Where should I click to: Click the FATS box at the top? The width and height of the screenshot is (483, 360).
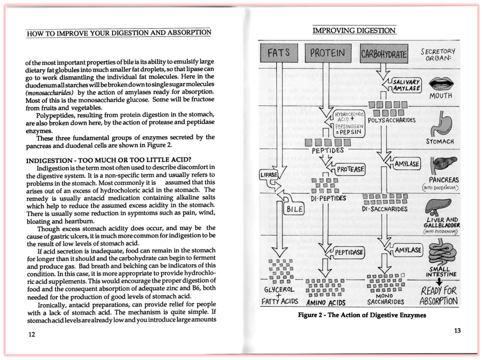coord(279,53)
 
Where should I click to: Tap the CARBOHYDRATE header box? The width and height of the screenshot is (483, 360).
coord(384,54)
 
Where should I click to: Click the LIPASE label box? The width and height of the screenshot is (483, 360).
coord(269,175)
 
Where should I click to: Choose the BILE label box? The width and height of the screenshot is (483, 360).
coord(294,209)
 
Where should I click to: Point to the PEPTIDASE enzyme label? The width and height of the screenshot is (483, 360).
coord(349,252)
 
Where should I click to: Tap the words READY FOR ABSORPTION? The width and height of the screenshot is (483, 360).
coord(438,295)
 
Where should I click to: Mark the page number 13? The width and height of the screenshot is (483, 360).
coord(457,331)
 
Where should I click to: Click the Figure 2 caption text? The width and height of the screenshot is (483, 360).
coord(362,315)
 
